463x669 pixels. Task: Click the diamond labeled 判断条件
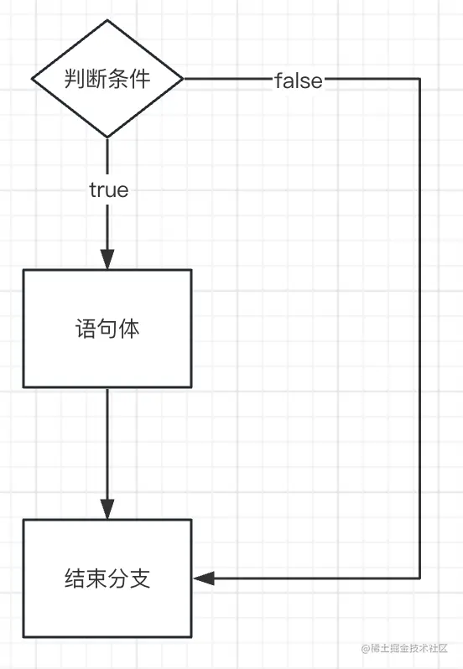pyautogui.click(x=107, y=79)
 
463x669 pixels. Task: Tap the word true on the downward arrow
pyautogui.click(x=109, y=190)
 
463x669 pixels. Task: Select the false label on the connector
pyautogui.click(x=299, y=80)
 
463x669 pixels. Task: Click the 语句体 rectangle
pyautogui.click(x=107, y=328)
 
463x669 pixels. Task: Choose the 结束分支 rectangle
pyautogui.click(x=107, y=578)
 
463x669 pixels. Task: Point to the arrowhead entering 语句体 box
pyautogui.click(x=107, y=260)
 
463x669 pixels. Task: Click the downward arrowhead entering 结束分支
pyautogui.click(x=107, y=510)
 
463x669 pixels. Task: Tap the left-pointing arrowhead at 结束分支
pyautogui.click(x=203, y=578)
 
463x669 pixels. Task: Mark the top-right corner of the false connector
pyautogui.click(x=419, y=79)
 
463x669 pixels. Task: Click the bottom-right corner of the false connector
pyautogui.click(x=419, y=578)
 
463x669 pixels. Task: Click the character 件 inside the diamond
pyautogui.click(x=140, y=79)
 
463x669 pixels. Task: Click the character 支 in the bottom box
pyautogui.click(x=140, y=578)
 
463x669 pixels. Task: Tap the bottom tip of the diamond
pyautogui.click(x=107, y=137)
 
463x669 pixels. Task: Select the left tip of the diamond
pyautogui.click(x=33, y=79)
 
